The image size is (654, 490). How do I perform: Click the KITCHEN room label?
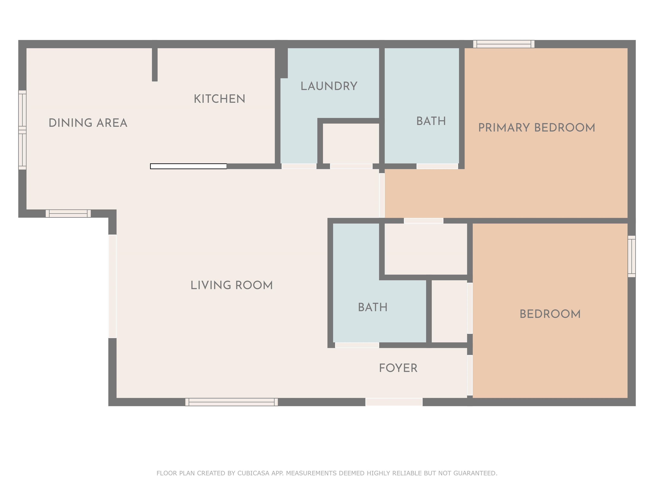tap(219, 99)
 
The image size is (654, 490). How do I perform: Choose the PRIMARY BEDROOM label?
tap(537, 128)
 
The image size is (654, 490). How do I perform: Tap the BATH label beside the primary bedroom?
tap(431, 121)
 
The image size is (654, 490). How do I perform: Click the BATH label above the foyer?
tap(373, 307)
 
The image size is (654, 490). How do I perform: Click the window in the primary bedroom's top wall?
tap(504, 44)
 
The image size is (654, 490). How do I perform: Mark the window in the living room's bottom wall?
tap(231, 402)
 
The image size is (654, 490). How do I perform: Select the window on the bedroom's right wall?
tap(631, 256)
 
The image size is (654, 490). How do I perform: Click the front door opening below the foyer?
tap(394, 402)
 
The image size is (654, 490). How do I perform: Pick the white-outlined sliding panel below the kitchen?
tap(188, 166)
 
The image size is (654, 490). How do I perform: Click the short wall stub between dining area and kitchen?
tap(155, 64)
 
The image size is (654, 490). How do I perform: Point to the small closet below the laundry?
tap(351, 143)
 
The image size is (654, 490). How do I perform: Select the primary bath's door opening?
tap(437, 166)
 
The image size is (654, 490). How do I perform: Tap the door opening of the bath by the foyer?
tap(357, 345)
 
